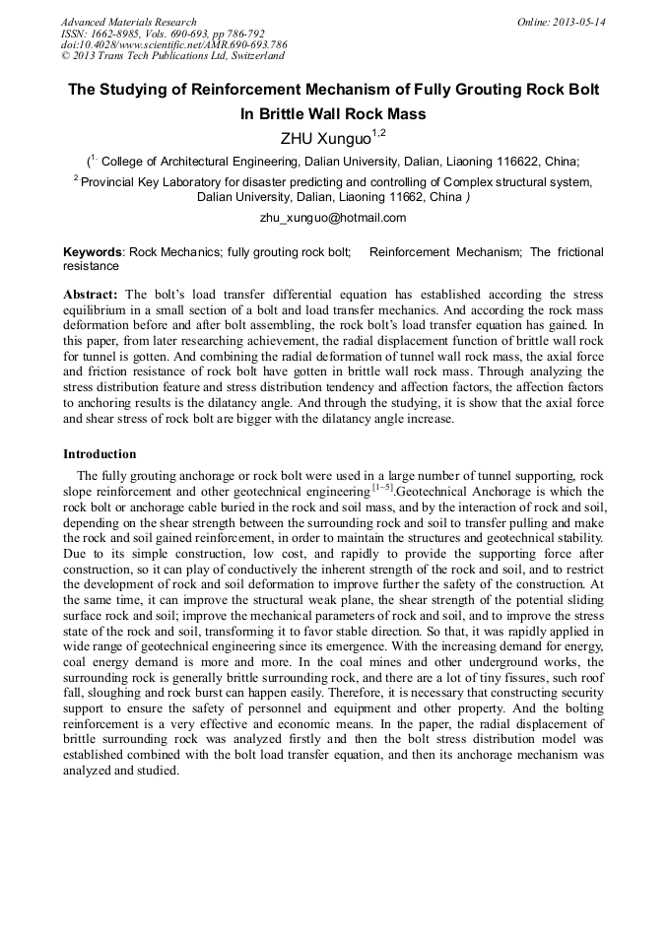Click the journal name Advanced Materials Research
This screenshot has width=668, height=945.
point(129,22)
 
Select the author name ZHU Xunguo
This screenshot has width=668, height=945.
point(325,137)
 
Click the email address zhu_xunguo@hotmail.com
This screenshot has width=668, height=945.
point(333,217)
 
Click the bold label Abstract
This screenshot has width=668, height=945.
point(91,295)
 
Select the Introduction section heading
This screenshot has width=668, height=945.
point(100,454)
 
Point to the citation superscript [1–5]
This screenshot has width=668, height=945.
point(379,488)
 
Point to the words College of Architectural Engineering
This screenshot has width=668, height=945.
point(197,162)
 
